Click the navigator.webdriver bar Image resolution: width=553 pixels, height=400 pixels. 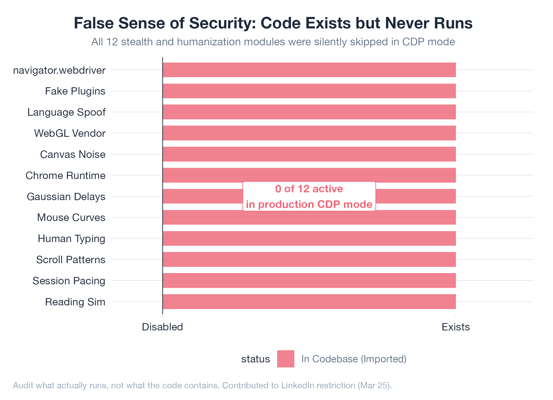pyautogui.click(x=309, y=70)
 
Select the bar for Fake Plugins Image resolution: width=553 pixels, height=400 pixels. pyautogui.click(x=309, y=91)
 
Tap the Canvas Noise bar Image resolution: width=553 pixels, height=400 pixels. pyautogui.click(x=309, y=154)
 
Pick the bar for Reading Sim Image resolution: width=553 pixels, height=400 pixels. pyautogui.click(x=309, y=301)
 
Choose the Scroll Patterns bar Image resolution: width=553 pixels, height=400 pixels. pyautogui.click(x=309, y=259)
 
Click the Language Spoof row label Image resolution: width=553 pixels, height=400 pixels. pyautogui.click(x=66, y=112)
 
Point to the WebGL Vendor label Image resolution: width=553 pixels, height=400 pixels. pyautogui.click(x=70, y=133)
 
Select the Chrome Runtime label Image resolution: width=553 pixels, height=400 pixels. pyautogui.click(x=65, y=175)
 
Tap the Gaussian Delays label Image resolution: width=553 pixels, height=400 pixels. pyautogui.click(x=66, y=196)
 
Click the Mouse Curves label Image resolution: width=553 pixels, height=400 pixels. pyautogui.click(x=71, y=217)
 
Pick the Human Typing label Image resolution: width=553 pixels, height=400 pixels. pyautogui.click(x=71, y=238)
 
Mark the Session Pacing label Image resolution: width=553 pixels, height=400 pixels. pyautogui.click(x=69, y=281)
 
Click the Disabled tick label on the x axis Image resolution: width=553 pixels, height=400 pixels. pyautogui.click(x=162, y=327)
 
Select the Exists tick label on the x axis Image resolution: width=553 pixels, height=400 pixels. pyautogui.click(x=456, y=327)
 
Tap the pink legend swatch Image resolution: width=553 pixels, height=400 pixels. pyautogui.click(x=285, y=359)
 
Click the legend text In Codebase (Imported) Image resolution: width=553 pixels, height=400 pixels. pyautogui.click(x=354, y=359)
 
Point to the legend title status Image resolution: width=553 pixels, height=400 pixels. pyautogui.click(x=256, y=359)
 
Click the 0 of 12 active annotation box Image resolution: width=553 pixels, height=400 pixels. pyautogui.click(x=309, y=196)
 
